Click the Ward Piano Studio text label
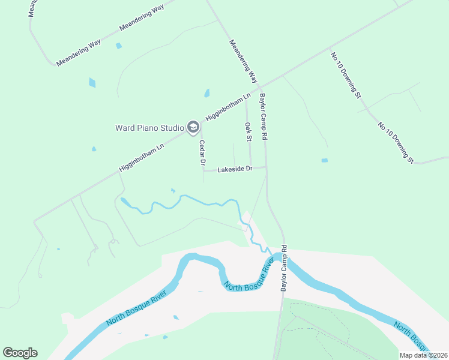click(149, 127)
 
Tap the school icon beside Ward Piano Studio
click(193, 127)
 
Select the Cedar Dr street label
click(202, 154)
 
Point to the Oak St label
click(247, 131)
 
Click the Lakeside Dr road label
click(235, 170)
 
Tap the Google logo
click(20, 353)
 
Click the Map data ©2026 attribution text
click(423, 355)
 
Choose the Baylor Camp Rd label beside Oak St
click(263, 117)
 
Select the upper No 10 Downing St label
click(346, 75)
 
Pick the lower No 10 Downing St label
click(396, 143)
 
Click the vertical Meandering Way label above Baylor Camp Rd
click(243, 61)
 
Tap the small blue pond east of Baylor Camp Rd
click(325, 160)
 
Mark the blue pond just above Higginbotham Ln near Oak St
click(207, 93)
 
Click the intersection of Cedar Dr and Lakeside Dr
click(203, 170)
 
